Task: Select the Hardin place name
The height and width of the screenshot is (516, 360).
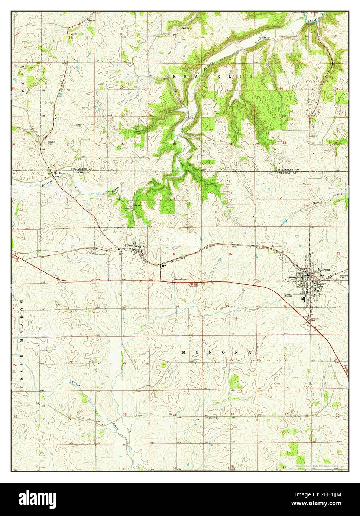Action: (x=58, y=173)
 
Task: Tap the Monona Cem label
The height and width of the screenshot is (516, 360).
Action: (x=344, y=276)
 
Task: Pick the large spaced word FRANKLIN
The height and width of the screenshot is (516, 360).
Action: (x=212, y=76)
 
